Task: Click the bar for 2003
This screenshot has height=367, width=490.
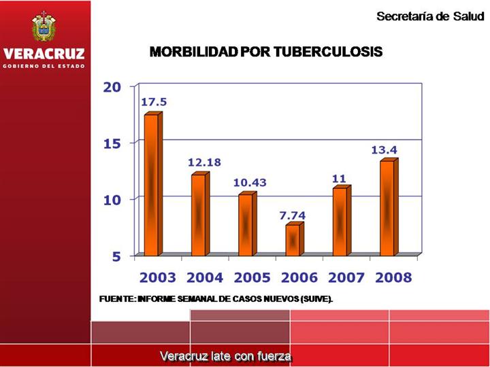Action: coord(151,185)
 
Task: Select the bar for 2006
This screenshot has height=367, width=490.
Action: coord(293,239)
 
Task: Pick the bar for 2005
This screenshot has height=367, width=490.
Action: coord(246,224)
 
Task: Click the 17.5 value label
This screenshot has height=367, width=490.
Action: coord(154,102)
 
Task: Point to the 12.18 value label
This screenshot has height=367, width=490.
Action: coord(204,162)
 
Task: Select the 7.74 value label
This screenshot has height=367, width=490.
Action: coord(293,215)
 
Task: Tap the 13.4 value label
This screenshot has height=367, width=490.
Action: coord(384,150)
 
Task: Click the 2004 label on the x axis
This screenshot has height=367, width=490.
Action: coord(205,278)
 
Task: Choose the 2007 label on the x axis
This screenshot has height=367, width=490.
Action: coord(346,278)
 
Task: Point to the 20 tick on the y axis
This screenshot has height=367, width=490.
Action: coord(112,86)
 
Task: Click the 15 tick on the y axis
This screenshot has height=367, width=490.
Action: coord(112,143)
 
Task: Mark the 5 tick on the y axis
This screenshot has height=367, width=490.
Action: coord(116,257)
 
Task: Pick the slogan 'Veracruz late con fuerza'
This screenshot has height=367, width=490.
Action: coord(225,355)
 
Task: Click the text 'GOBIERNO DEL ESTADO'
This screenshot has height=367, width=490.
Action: coord(44,66)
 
